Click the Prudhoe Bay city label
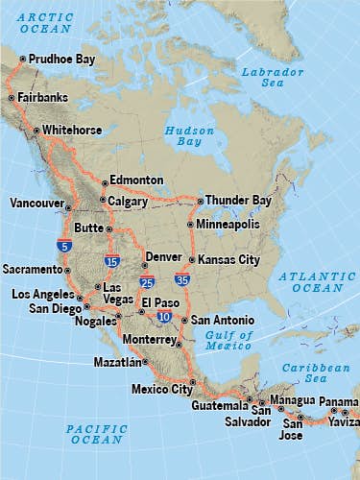click(x=61, y=60)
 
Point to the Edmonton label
click(x=136, y=180)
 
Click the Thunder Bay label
click(x=238, y=201)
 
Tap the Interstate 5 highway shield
click(x=64, y=245)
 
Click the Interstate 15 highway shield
click(x=112, y=261)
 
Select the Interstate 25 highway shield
click(x=146, y=282)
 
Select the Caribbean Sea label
click(x=306, y=373)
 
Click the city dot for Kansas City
click(x=192, y=260)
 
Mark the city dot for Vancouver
click(x=68, y=205)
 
